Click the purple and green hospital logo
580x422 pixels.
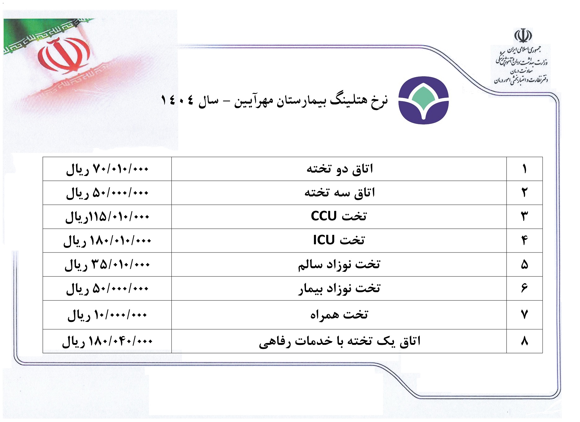point(423,100)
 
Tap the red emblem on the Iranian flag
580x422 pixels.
point(64,56)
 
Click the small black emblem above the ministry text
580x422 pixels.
point(523,36)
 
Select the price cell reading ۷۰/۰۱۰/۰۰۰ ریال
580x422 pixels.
point(107,169)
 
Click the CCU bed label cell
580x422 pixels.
point(339,217)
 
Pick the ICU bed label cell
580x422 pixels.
point(339,240)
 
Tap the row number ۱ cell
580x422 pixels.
point(525,169)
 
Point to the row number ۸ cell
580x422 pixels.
point(525,341)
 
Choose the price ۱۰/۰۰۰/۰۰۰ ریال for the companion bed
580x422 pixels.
point(107,315)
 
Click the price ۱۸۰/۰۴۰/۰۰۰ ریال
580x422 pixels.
point(107,341)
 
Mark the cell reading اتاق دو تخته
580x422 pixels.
point(339,169)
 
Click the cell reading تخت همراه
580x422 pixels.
point(339,315)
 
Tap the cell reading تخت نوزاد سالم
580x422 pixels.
point(339,264)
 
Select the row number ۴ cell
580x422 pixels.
point(525,240)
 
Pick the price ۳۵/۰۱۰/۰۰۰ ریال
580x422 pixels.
point(107,264)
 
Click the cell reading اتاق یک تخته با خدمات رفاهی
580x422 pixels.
point(339,341)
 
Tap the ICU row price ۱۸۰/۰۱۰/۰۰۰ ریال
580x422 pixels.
point(107,240)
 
